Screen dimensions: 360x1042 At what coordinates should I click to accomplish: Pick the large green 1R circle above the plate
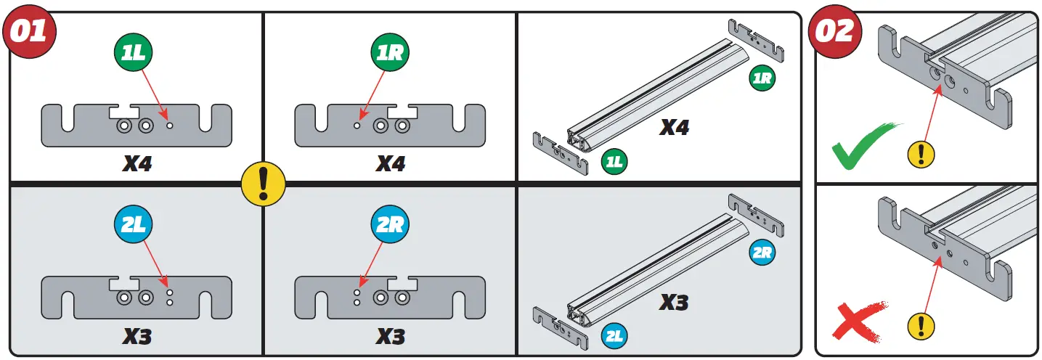[389, 52]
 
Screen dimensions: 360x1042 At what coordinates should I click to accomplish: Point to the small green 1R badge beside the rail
[761, 78]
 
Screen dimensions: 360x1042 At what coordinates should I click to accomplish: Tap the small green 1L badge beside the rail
[614, 161]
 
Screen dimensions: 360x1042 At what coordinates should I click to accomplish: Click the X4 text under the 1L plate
[137, 163]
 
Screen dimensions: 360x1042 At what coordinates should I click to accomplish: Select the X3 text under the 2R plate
[390, 336]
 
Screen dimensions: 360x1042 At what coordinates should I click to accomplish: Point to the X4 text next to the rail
[674, 128]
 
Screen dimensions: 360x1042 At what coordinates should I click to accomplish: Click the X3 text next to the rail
[674, 301]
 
